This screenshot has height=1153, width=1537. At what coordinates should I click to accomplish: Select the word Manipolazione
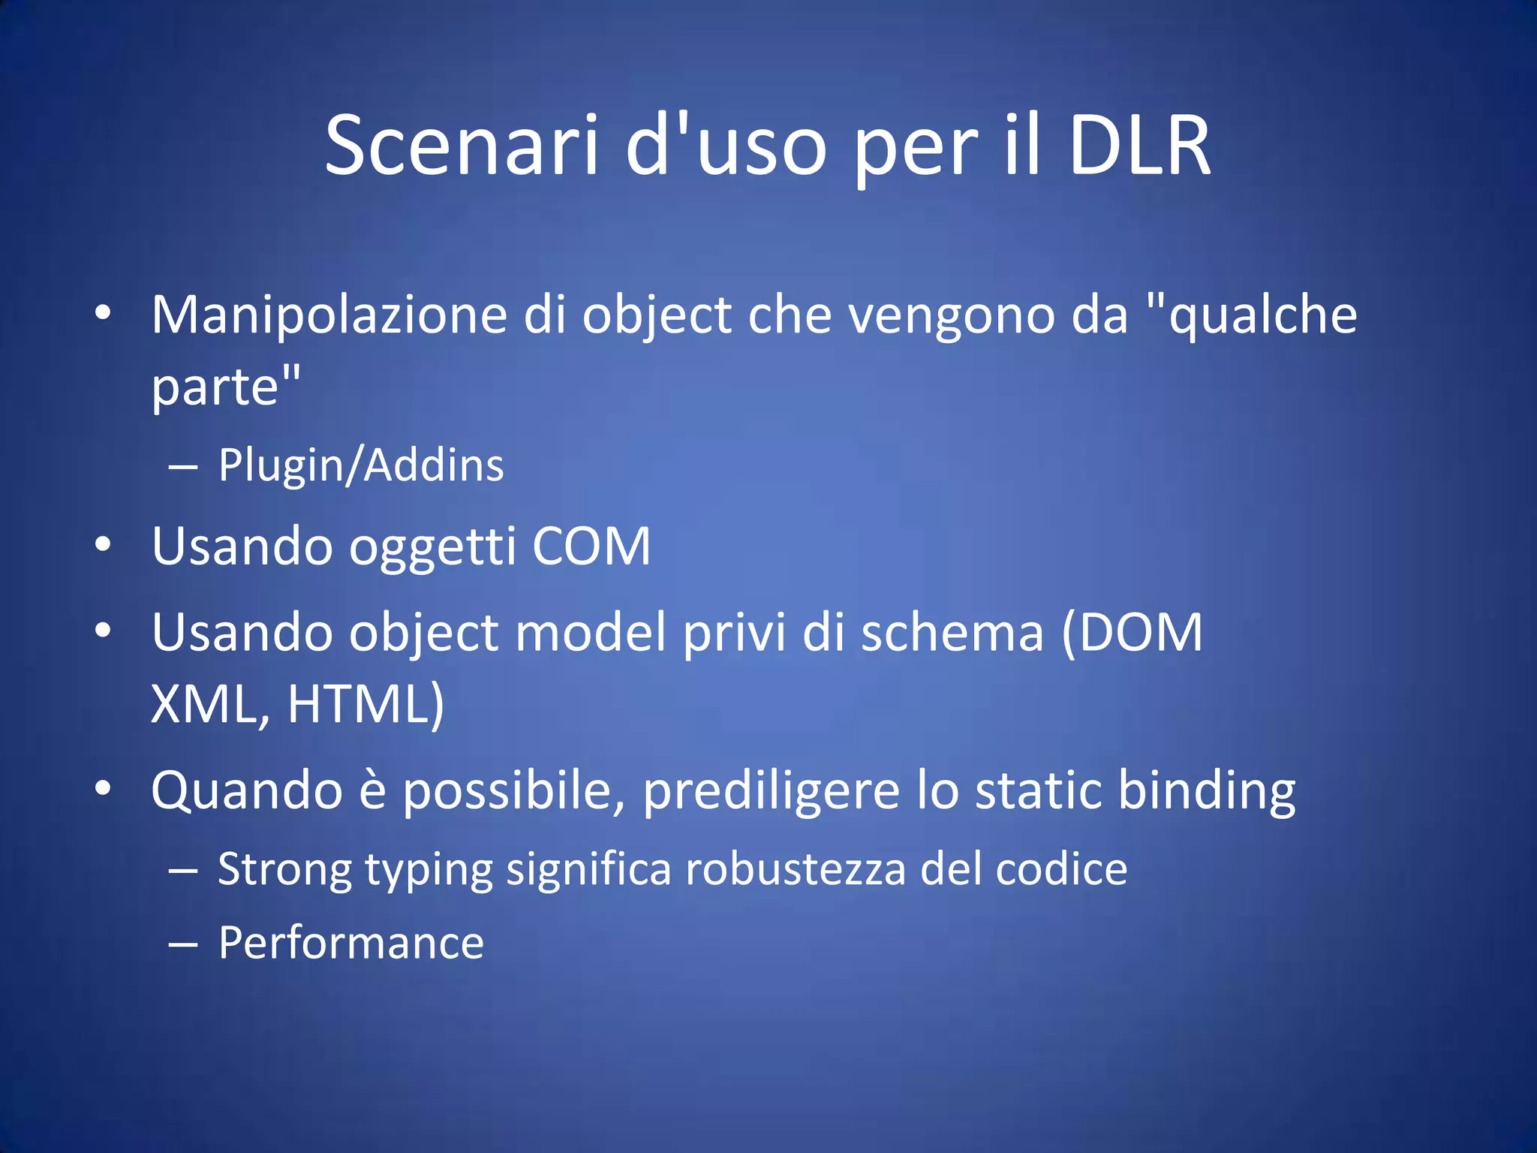pyautogui.click(x=329, y=315)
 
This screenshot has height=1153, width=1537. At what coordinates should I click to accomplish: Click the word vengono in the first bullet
pyautogui.click(x=952, y=315)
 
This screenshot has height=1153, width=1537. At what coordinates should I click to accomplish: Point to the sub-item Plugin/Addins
pyautogui.click(x=361, y=465)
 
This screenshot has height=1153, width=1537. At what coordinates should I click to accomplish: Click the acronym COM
pyautogui.click(x=591, y=546)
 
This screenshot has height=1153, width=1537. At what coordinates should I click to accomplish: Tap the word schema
pyautogui.click(x=952, y=632)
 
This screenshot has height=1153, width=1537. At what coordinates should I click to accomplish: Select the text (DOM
pyautogui.click(x=1132, y=632)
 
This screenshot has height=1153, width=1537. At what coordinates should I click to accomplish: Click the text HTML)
pyautogui.click(x=366, y=704)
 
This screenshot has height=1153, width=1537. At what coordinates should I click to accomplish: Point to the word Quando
pyautogui.click(x=247, y=791)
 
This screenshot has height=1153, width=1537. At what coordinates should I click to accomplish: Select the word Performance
pyautogui.click(x=351, y=943)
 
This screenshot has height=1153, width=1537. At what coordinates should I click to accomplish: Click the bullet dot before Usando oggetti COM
pyautogui.click(x=104, y=544)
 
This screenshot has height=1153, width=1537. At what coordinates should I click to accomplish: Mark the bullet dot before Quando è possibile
pyautogui.click(x=104, y=788)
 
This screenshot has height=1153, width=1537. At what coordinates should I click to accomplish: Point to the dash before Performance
pyautogui.click(x=183, y=946)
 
